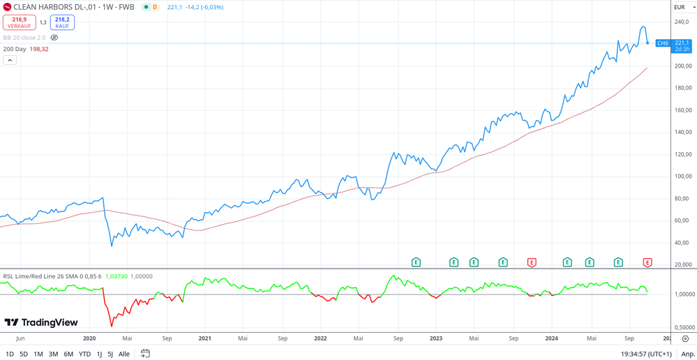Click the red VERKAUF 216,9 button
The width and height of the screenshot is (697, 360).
tap(19, 22)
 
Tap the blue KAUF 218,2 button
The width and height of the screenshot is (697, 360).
tap(62, 22)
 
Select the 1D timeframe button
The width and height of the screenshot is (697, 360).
tap(10, 354)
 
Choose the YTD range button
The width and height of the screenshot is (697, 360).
tap(84, 354)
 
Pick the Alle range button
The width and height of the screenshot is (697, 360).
tap(124, 354)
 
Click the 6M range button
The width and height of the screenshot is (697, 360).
tap(68, 354)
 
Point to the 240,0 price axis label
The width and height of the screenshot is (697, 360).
tap(682, 22)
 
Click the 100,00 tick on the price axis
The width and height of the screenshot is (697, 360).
tap(683, 176)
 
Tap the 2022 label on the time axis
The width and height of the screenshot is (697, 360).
tap(320, 338)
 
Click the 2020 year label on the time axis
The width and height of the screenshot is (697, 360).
tap(89, 338)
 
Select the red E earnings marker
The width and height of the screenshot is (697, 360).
tap(532, 262)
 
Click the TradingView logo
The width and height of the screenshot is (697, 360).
tap(41, 322)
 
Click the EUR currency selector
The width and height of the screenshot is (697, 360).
tap(684, 7)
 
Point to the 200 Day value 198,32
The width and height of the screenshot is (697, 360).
tap(39, 49)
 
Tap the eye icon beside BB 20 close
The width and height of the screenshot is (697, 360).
tap(54, 38)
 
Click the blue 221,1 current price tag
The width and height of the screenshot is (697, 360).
tap(682, 43)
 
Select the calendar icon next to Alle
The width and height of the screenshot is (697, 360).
tap(145, 354)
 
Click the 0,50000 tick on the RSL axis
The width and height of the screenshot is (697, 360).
tap(684, 327)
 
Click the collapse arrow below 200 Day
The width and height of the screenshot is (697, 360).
tap(10, 60)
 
